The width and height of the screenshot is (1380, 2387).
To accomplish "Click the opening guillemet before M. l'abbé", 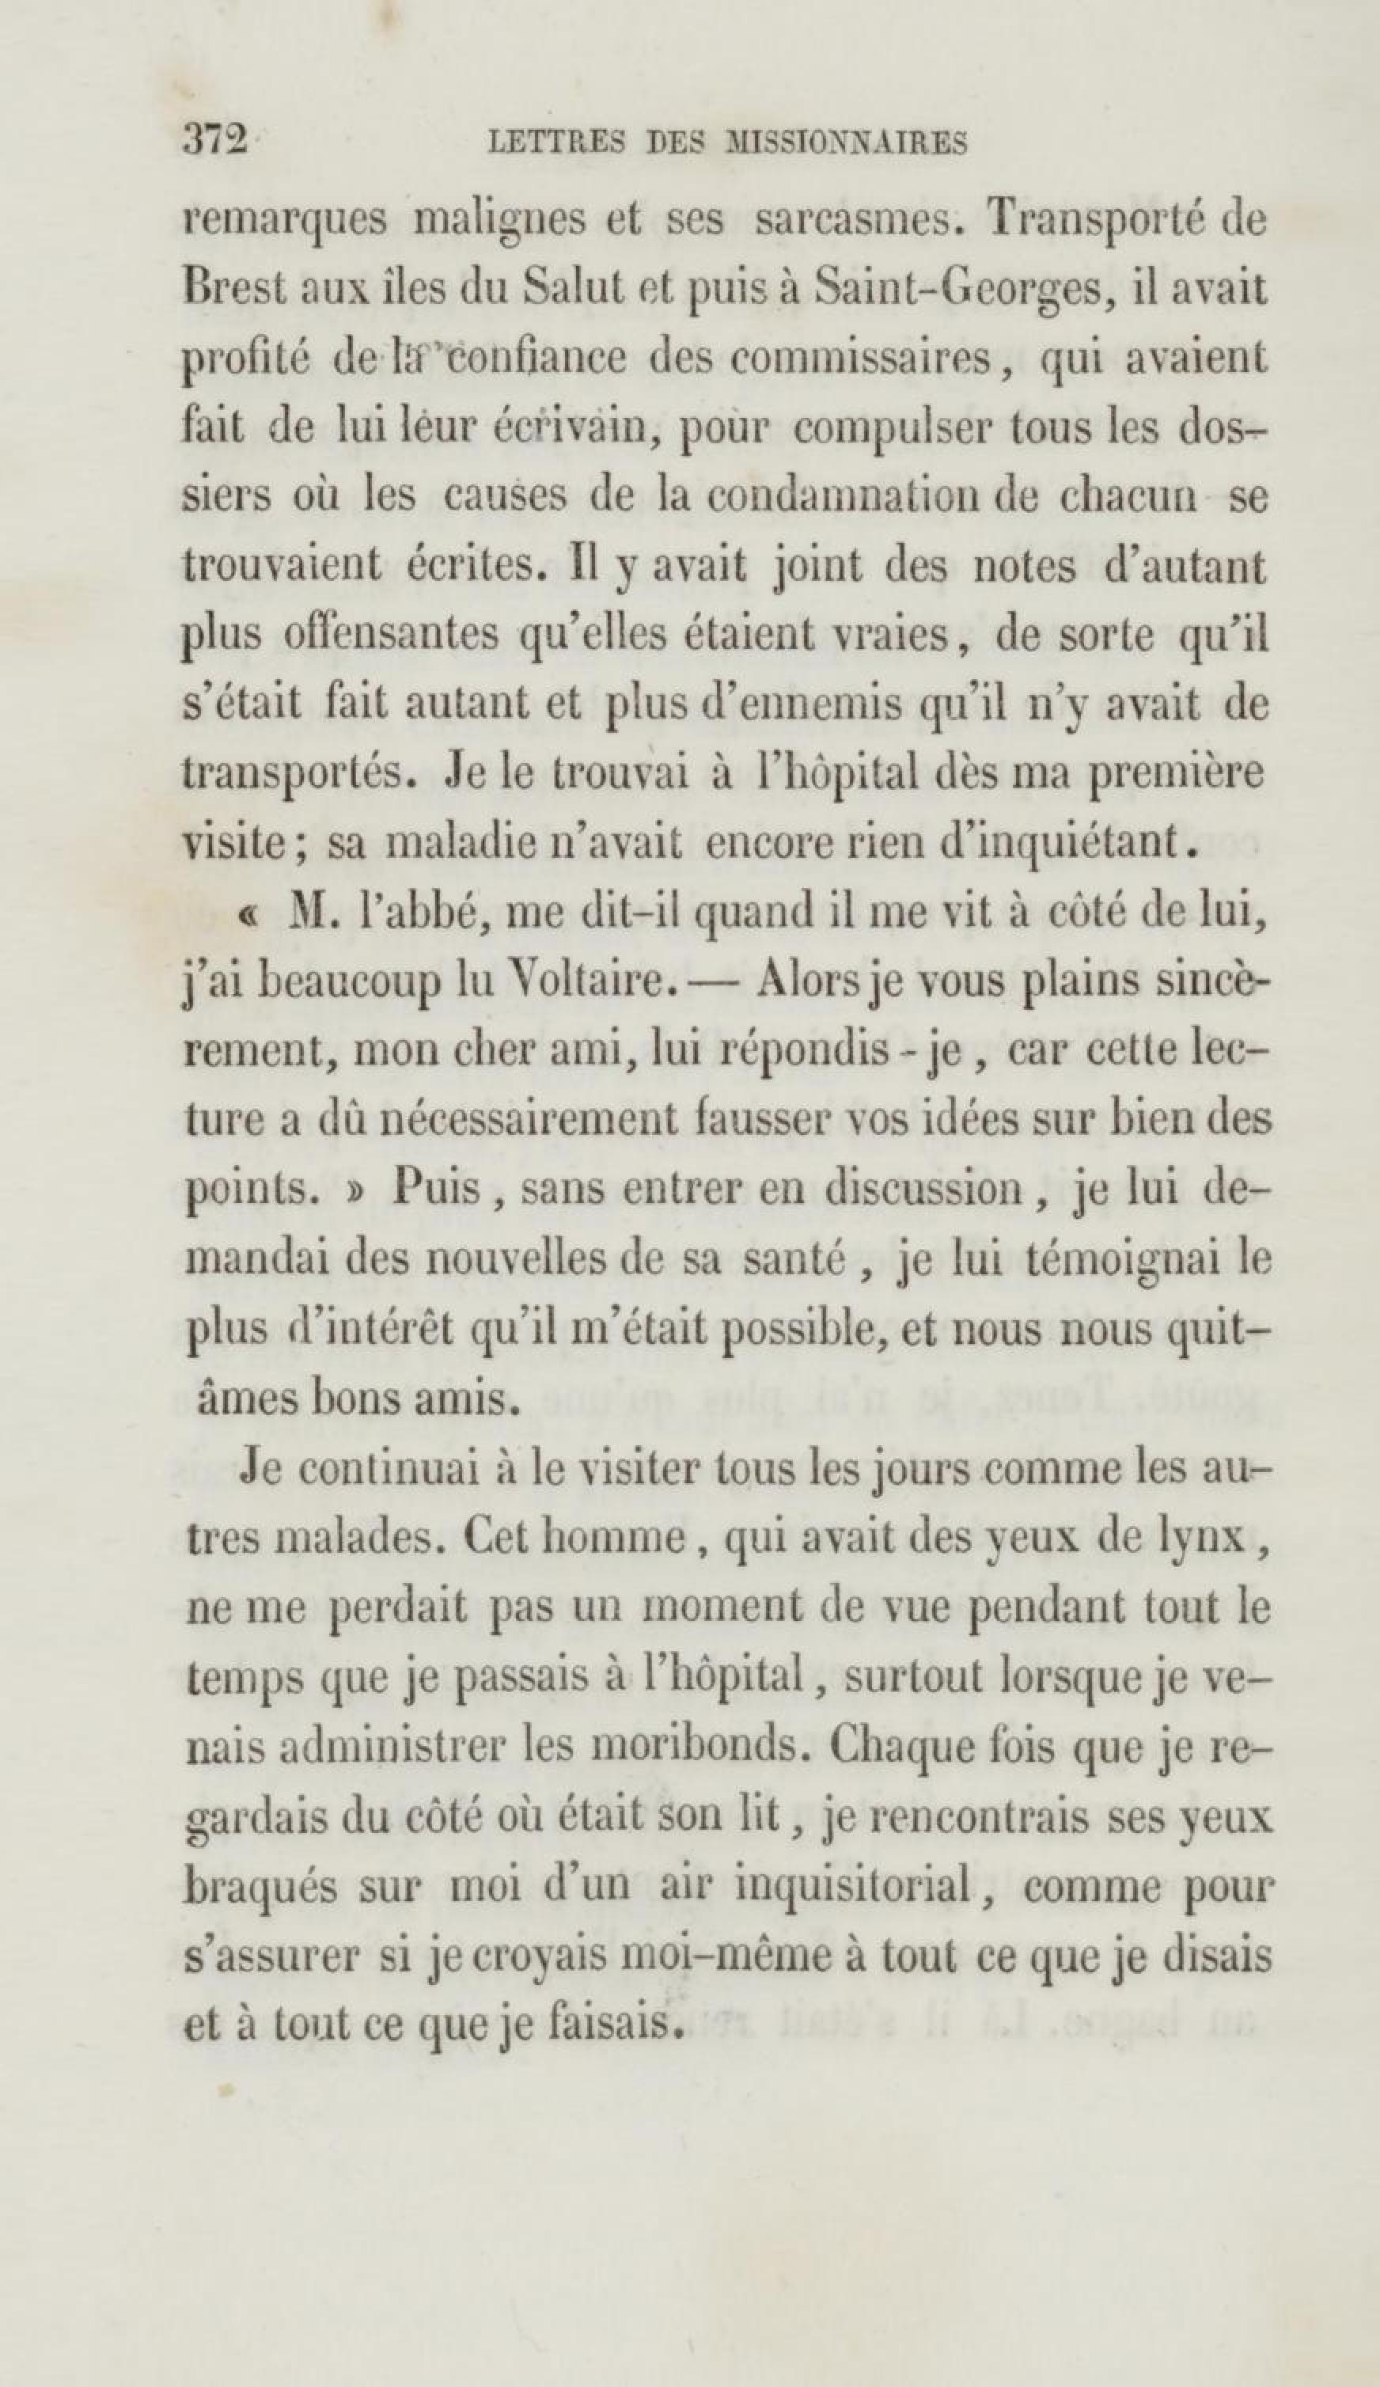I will pyautogui.click(x=248, y=914).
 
